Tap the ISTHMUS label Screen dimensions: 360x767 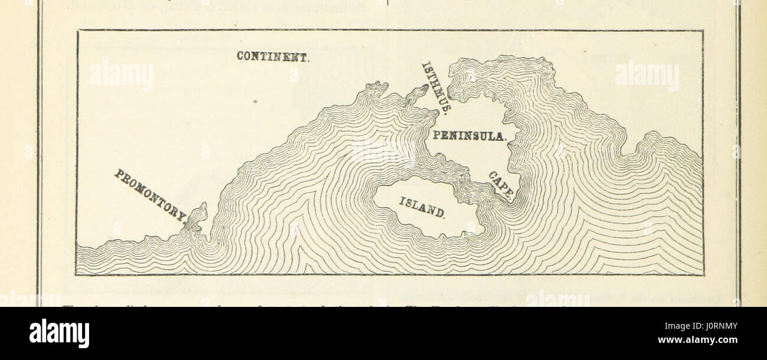(x=437, y=87)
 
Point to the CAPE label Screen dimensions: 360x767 (x=501, y=185)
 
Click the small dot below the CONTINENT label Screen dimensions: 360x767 (x=254, y=102)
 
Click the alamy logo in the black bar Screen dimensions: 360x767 (x=60, y=333)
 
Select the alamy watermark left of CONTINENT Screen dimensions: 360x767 (x=122, y=76)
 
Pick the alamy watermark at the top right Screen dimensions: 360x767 (x=647, y=76)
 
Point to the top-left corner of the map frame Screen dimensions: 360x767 (x=77, y=31)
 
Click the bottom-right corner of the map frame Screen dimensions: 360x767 (x=703, y=274)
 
